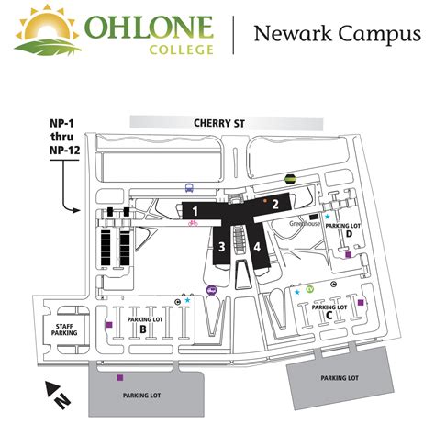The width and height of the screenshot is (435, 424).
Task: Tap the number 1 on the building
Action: pos(195,211)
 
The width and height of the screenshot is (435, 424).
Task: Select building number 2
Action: pos(274,204)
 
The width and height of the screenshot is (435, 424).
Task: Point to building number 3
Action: pos(222,246)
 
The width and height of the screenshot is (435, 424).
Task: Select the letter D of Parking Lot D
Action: pos(349,233)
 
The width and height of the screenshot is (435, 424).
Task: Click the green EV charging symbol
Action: pos(310,290)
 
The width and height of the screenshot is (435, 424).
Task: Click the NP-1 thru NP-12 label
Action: pos(63,136)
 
